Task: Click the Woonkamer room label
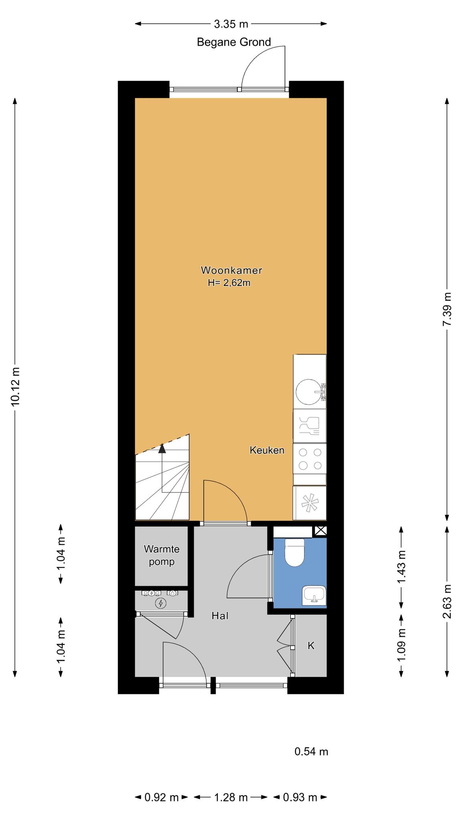pos(231,270)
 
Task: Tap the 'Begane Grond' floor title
pos(234,42)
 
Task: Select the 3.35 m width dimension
pos(231,24)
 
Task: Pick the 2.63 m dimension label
pos(447,601)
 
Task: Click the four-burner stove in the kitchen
pos(310,459)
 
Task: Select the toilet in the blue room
pos(295,552)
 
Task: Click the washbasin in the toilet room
pos(314,595)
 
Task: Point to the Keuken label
pos(267,450)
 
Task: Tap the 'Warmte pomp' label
pos(162,555)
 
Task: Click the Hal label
pos(220,616)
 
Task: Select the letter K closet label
pos(311,646)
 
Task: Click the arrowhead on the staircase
pos(162,448)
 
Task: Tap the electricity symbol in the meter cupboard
pos(161,603)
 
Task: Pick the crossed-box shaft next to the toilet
pos(320,531)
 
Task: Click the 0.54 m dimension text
pos(311,752)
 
